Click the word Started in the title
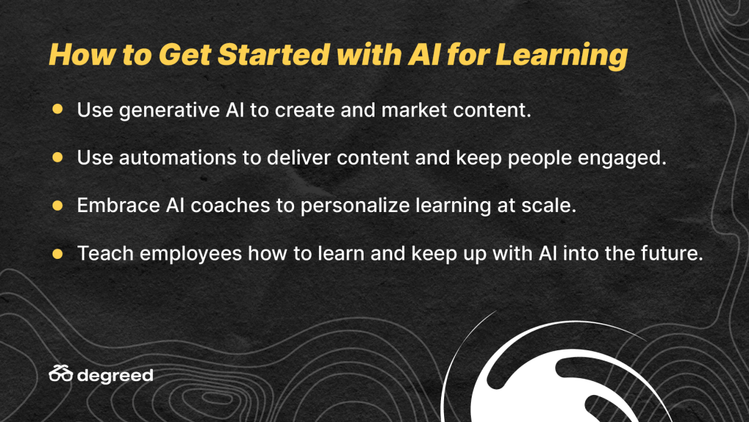[x=274, y=54]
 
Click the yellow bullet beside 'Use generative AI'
[x=57, y=109]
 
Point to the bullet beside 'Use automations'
[x=57, y=157]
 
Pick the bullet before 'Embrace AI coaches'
[x=57, y=206]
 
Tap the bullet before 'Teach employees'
[x=57, y=253]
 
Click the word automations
[x=178, y=157]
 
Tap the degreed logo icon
[x=61, y=373]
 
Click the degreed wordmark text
[x=115, y=376]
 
